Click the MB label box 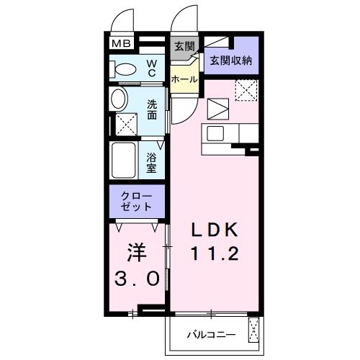[x=120, y=44]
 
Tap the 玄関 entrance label [x=184, y=46]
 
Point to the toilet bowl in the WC [x=126, y=70]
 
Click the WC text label [x=153, y=69]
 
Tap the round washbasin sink [x=119, y=99]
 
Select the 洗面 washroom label [x=152, y=109]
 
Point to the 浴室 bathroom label [x=152, y=162]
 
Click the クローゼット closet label [x=138, y=201]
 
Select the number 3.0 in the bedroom [x=135, y=279]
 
